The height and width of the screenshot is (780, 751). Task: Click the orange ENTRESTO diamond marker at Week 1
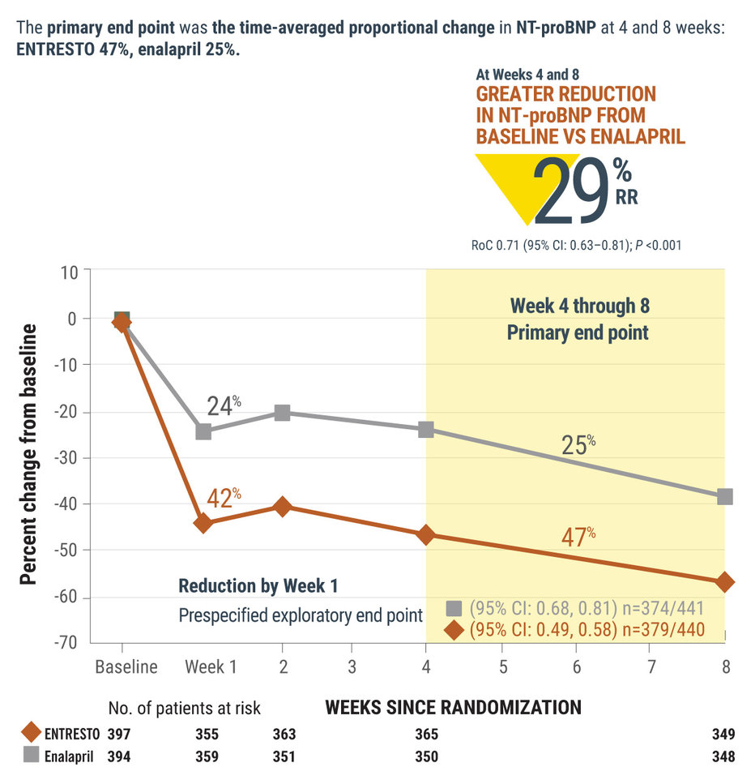[x=203, y=523]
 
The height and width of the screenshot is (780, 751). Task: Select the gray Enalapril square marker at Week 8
[x=724, y=496]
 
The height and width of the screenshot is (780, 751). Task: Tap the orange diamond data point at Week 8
[x=724, y=582]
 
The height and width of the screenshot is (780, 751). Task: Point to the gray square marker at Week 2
[x=282, y=413]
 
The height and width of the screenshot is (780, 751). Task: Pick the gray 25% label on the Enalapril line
[x=578, y=444]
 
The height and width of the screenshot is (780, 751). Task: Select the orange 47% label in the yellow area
[x=578, y=536]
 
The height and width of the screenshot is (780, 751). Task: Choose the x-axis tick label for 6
[x=576, y=667]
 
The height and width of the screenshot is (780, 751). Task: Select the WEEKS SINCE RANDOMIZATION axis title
[x=453, y=707]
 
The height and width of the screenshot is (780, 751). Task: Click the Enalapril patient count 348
[x=723, y=756]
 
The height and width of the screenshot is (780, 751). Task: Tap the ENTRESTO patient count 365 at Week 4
[x=426, y=735]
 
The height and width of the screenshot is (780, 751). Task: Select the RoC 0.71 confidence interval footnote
[x=576, y=242]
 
